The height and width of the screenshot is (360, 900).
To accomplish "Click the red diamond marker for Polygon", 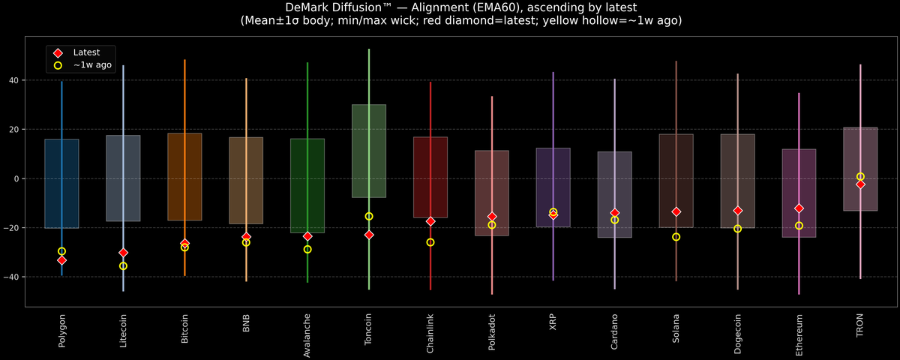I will pyautogui.click(x=61, y=260).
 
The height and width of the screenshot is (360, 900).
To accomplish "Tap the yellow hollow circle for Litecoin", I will pyautogui.click(x=123, y=266).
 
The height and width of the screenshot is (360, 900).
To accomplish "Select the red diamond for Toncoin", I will pyautogui.click(x=369, y=235).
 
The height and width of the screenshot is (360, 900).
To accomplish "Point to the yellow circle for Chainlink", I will pyautogui.click(x=430, y=242).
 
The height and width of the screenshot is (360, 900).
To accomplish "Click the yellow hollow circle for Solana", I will pyautogui.click(x=676, y=237).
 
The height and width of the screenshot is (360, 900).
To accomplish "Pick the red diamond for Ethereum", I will pyautogui.click(x=799, y=208).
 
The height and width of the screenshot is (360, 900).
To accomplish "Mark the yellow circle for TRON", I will pyautogui.click(x=860, y=176).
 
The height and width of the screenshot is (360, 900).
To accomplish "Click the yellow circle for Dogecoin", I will pyautogui.click(x=737, y=229).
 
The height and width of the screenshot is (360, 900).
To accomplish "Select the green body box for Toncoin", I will pyautogui.click(x=369, y=150).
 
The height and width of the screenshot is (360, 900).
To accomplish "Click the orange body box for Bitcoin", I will pyautogui.click(x=184, y=177).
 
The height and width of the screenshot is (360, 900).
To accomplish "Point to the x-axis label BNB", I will pyautogui.click(x=246, y=325).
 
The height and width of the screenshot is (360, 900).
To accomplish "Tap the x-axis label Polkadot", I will pyautogui.click(x=492, y=334).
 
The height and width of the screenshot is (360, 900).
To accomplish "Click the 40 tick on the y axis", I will pyautogui.click(x=15, y=80).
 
